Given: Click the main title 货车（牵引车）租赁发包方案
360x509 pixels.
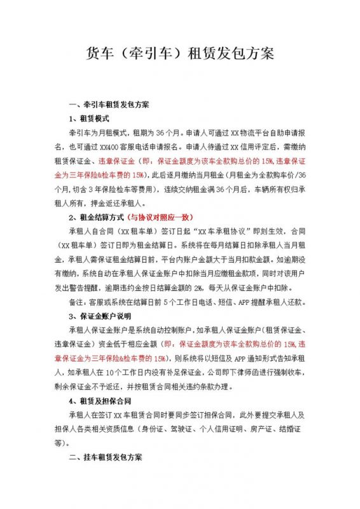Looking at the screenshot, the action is [x=179, y=53].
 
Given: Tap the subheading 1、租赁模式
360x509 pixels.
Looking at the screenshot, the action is [x=90, y=119].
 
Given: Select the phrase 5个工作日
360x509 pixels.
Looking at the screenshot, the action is [x=186, y=303].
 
